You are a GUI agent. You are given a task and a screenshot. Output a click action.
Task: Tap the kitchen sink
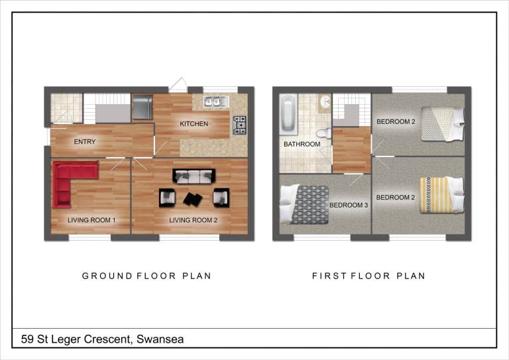(x=216, y=101)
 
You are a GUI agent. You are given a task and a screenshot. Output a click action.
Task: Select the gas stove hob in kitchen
(x=239, y=125)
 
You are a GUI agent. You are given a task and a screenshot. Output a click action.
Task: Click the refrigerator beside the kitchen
(x=142, y=107)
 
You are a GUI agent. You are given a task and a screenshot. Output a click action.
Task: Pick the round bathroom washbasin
(x=325, y=102)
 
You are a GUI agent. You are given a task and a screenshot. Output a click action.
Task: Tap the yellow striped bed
(x=441, y=195)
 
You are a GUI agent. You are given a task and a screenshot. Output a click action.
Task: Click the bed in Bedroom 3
(x=304, y=204)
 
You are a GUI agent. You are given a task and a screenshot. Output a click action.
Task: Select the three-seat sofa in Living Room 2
(x=194, y=176)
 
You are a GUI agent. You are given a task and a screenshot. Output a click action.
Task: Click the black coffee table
(x=193, y=199)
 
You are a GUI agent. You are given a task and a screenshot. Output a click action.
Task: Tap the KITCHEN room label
(x=194, y=124)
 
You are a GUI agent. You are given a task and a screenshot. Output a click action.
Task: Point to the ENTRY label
(x=85, y=141)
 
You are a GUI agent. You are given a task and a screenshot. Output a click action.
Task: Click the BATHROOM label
(x=302, y=144)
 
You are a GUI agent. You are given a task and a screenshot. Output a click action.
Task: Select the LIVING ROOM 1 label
(x=91, y=220)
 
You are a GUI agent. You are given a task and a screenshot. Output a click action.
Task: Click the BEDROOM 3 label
(x=349, y=205)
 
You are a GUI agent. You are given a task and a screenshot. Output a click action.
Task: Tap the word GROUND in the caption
(x=107, y=276)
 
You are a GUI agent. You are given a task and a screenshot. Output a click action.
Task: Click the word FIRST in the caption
(x=329, y=276)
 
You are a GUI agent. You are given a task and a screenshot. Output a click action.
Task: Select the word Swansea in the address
(x=160, y=339)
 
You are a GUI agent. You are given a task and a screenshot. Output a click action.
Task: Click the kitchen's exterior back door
(x=177, y=85)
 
